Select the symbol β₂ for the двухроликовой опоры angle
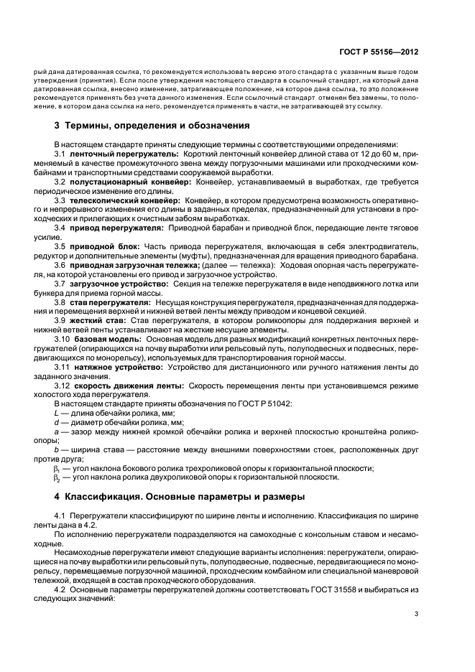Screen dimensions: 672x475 click(x=57, y=478)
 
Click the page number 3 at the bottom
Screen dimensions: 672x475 click(x=416, y=634)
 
